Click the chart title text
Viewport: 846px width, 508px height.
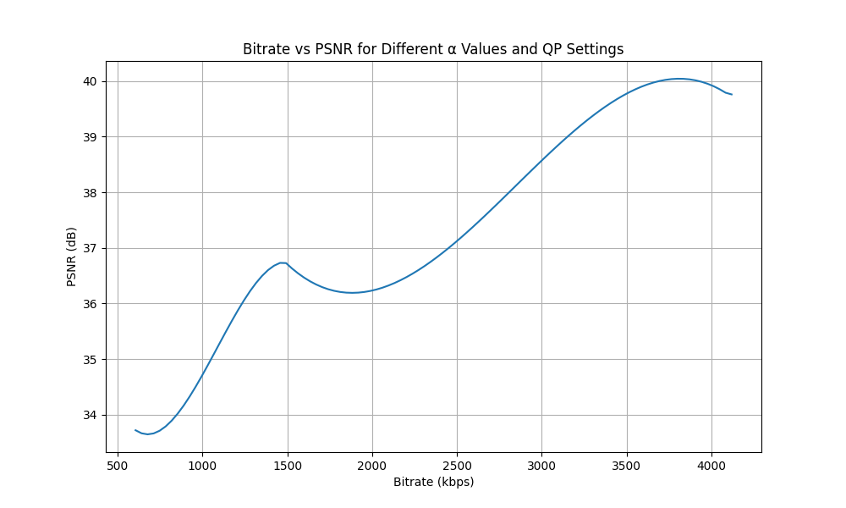coord(433,49)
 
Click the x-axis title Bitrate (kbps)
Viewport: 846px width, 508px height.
coord(433,482)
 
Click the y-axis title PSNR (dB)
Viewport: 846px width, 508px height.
coord(72,257)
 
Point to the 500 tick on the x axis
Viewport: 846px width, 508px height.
coord(118,465)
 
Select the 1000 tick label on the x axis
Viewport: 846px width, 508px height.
coord(202,465)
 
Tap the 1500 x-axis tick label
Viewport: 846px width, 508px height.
coord(288,465)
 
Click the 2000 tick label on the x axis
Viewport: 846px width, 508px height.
coord(372,465)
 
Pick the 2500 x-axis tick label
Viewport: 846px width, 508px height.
coord(457,465)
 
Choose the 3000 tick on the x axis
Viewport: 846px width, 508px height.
coord(541,465)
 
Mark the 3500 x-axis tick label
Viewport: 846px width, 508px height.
coord(627,465)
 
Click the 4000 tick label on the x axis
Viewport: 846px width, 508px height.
coord(711,465)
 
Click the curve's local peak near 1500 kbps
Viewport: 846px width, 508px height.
coord(283,262)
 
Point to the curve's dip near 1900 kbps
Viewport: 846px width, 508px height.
coord(352,293)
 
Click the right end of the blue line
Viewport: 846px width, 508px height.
coord(732,95)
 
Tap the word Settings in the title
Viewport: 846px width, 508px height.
coord(596,49)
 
